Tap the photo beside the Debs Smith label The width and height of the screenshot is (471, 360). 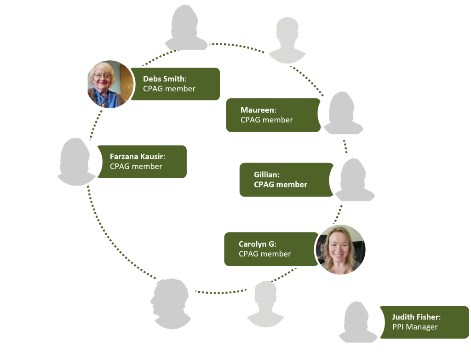[109, 84]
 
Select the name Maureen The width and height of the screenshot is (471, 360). [258, 110]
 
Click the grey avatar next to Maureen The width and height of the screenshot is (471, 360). [344, 113]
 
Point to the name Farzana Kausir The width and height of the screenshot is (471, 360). [136, 157]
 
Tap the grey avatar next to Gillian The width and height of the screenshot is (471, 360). [356, 180]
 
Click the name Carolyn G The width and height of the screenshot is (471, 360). [256, 244]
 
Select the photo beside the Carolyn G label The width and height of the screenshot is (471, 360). [340, 250]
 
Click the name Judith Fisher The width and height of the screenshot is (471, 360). [415, 317]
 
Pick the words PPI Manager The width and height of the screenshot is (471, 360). [414, 327]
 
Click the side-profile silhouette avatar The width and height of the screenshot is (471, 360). [172, 302]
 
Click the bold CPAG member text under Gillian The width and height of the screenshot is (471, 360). [280, 184]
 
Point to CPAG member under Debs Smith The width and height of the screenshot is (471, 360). [169, 88]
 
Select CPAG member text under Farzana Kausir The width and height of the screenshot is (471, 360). [136, 166]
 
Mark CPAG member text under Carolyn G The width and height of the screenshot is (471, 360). [264, 254]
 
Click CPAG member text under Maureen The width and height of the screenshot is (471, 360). [266, 120]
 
